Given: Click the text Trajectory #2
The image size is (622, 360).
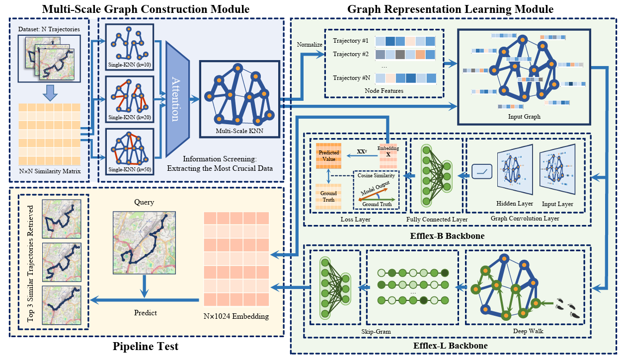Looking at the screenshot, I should [350, 54].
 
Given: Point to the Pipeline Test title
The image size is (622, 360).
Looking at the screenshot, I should [145, 346].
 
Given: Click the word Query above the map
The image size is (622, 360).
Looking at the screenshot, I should [145, 202].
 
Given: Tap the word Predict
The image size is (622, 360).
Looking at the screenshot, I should [145, 313].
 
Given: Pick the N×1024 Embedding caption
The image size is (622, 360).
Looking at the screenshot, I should [236, 316].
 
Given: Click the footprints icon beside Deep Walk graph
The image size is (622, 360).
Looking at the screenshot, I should [568, 307].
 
